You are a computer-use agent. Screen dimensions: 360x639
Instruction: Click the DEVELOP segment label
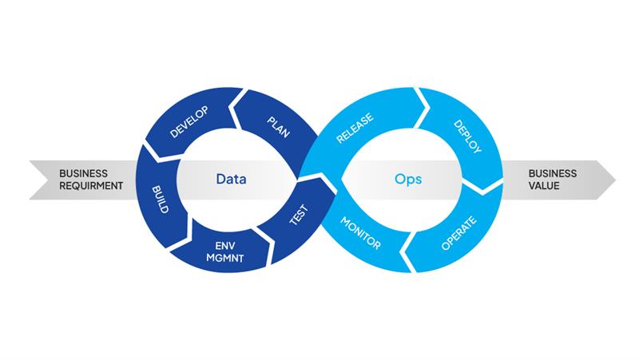coord(189,121)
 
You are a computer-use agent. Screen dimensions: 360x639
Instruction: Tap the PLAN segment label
coord(277,125)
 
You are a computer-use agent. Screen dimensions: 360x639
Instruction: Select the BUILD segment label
coord(160,199)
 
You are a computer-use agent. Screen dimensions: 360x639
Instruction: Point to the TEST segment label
coord(298,216)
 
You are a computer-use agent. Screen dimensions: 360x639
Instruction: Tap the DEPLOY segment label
coord(466,136)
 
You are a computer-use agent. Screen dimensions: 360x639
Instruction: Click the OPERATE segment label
coord(459,232)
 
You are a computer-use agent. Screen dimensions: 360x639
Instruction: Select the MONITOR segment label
coord(361,231)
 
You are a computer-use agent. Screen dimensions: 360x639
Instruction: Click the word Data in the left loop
coord(231,179)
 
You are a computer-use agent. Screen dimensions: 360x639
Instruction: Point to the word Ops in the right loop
coord(408,179)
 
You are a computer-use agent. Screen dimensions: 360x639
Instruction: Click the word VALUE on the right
coord(544,186)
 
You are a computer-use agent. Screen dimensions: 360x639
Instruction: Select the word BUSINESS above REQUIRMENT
coord(84,172)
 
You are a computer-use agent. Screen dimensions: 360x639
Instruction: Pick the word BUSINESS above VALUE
coord(552,172)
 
